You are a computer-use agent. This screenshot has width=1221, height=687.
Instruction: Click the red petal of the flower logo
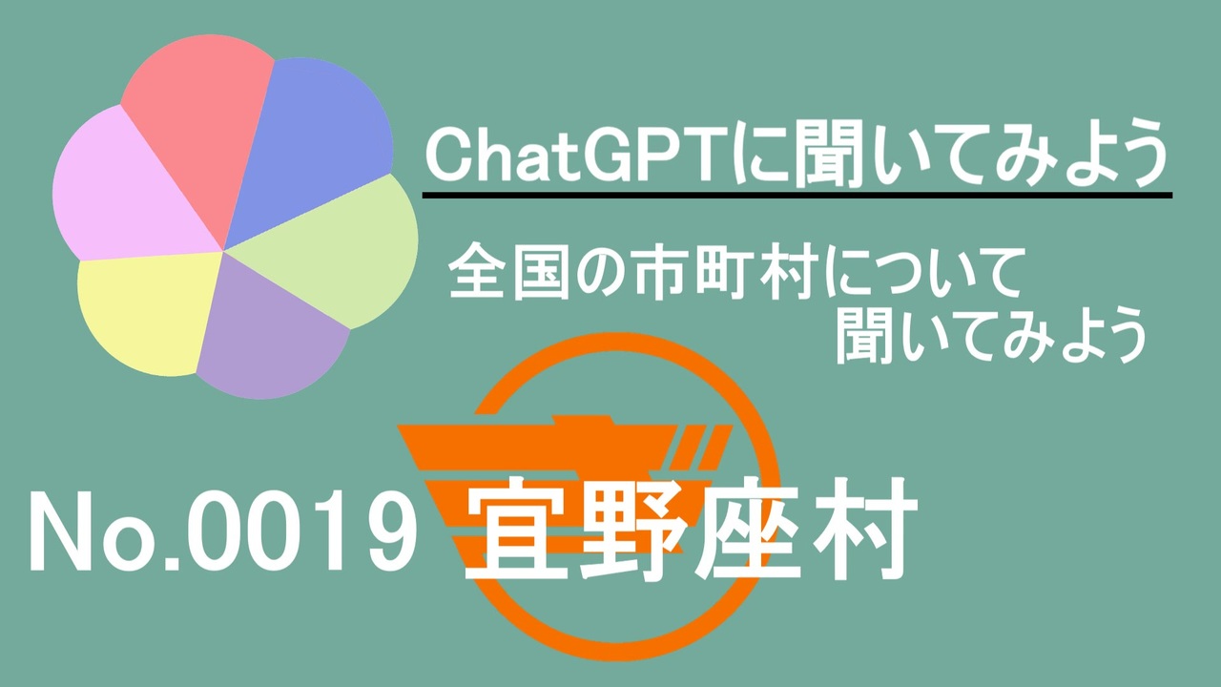click(201, 125)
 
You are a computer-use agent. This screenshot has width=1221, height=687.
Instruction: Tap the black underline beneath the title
click(797, 196)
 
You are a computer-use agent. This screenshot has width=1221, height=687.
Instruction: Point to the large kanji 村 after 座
click(862, 528)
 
